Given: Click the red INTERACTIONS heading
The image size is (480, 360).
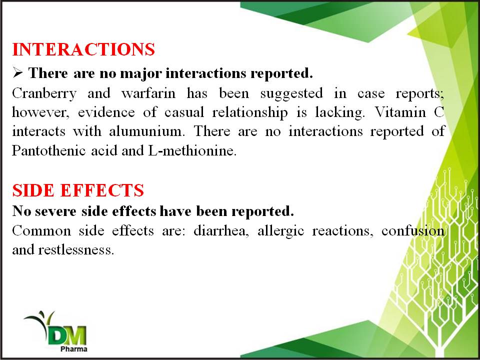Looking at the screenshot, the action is click(83, 49).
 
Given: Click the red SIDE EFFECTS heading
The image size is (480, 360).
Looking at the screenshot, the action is click(78, 190).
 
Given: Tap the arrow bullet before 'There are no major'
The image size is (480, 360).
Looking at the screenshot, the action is click(18, 73).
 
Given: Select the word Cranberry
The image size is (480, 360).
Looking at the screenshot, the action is click(44, 93).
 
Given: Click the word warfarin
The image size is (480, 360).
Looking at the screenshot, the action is click(148, 93).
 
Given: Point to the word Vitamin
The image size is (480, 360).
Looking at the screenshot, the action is click(400, 112).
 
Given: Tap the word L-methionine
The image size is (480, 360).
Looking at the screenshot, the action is click(192, 150).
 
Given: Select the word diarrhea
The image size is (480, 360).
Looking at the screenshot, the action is click(221, 230).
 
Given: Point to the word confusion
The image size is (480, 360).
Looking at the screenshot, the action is click(413, 230).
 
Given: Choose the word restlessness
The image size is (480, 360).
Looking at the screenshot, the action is click(76, 250).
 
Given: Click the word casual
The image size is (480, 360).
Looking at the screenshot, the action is click(184, 112).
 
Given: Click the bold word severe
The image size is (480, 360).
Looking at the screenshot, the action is click(55, 211).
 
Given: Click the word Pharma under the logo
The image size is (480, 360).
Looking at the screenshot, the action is click(74, 349).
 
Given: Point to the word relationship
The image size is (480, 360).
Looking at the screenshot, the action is click(250, 112).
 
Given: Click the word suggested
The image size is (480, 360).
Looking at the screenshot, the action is click(291, 93).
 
